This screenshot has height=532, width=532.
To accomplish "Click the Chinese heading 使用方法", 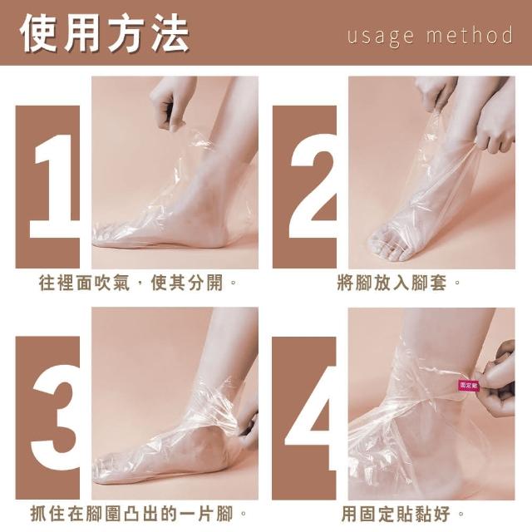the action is (x=105, y=33).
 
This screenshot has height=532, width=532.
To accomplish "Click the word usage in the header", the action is (x=381, y=36).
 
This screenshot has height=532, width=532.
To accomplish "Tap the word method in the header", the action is (x=470, y=34).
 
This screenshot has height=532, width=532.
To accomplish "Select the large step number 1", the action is (x=54, y=186).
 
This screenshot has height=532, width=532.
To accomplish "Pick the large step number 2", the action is (x=313, y=186).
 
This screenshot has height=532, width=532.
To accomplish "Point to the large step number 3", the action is (x=55, y=417).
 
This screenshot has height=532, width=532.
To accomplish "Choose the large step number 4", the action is (x=310, y=417).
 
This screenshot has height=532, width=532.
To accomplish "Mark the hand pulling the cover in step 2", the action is (x=494, y=129).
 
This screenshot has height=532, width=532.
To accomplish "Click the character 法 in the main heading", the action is (x=170, y=33).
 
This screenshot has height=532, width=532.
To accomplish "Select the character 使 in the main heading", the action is (x=39, y=33).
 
